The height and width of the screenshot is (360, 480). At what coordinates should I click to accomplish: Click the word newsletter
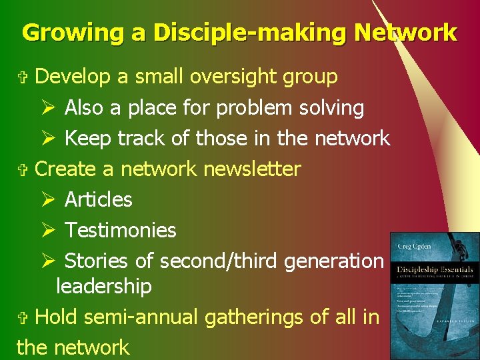tap(252, 169)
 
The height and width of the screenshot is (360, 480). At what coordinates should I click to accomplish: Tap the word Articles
tap(99, 199)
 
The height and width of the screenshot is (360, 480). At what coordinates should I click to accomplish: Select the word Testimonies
tap(121, 230)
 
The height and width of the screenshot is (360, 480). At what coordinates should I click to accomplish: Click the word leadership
tap(104, 286)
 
